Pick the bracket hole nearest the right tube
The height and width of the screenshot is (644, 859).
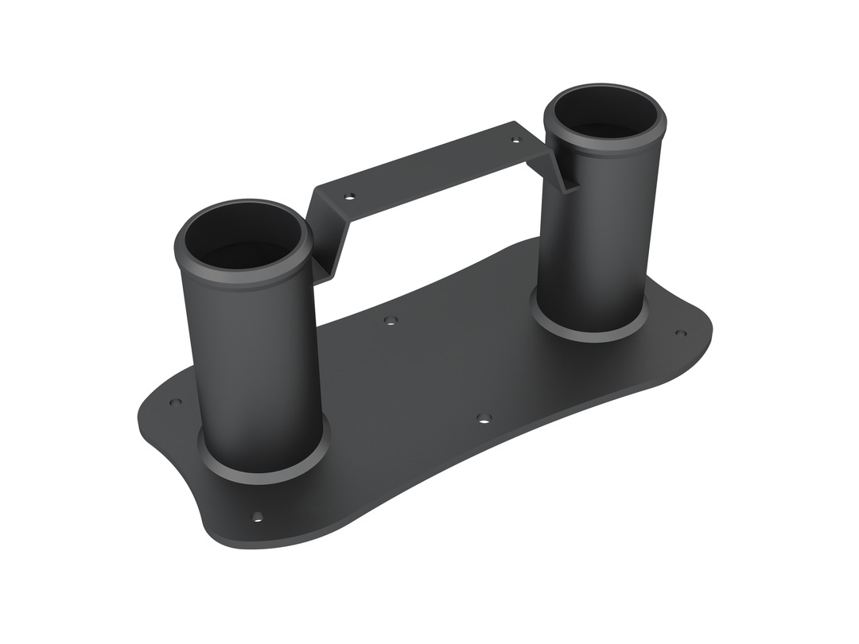pyautogui.click(x=515, y=140)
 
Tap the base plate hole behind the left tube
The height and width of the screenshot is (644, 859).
pyautogui.click(x=176, y=402)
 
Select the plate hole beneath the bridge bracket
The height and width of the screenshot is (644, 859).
pyautogui.click(x=390, y=320)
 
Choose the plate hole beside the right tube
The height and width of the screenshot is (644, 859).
pyautogui.click(x=680, y=333)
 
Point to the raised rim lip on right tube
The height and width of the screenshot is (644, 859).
pyautogui.click(x=604, y=146)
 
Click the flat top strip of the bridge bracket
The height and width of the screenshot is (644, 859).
pyautogui.click(x=429, y=171)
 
